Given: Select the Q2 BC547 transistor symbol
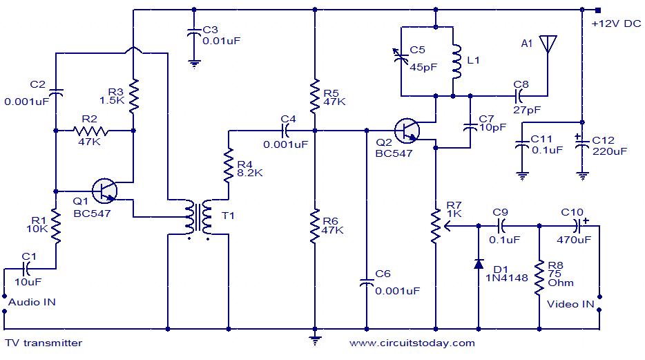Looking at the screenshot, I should [x=408, y=130].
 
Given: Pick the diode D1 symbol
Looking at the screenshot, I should [x=479, y=264].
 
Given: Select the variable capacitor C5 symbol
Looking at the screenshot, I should [x=401, y=60].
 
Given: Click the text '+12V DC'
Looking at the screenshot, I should [x=616, y=23].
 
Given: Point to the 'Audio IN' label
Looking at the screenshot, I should [x=32, y=302].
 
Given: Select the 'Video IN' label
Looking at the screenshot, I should [x=570, y=303].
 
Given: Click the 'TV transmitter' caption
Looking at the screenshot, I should [x=44, y=343].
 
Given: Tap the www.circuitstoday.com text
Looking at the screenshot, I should [x=412, y=343].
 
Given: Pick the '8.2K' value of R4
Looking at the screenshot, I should [x=249, y=173].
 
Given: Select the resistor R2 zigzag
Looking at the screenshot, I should [x=92, y=129].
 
